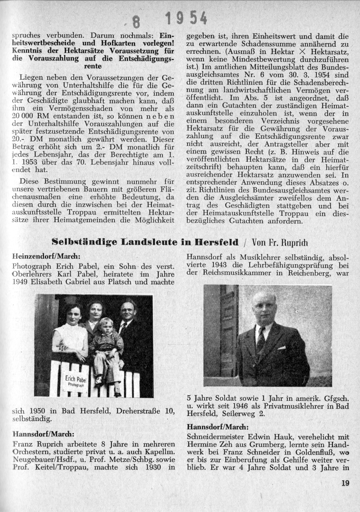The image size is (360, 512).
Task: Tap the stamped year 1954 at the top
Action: pos(186,17)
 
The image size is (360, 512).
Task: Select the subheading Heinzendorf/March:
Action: pos(46,257)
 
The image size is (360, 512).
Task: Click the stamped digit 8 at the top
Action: pos(136,22)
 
